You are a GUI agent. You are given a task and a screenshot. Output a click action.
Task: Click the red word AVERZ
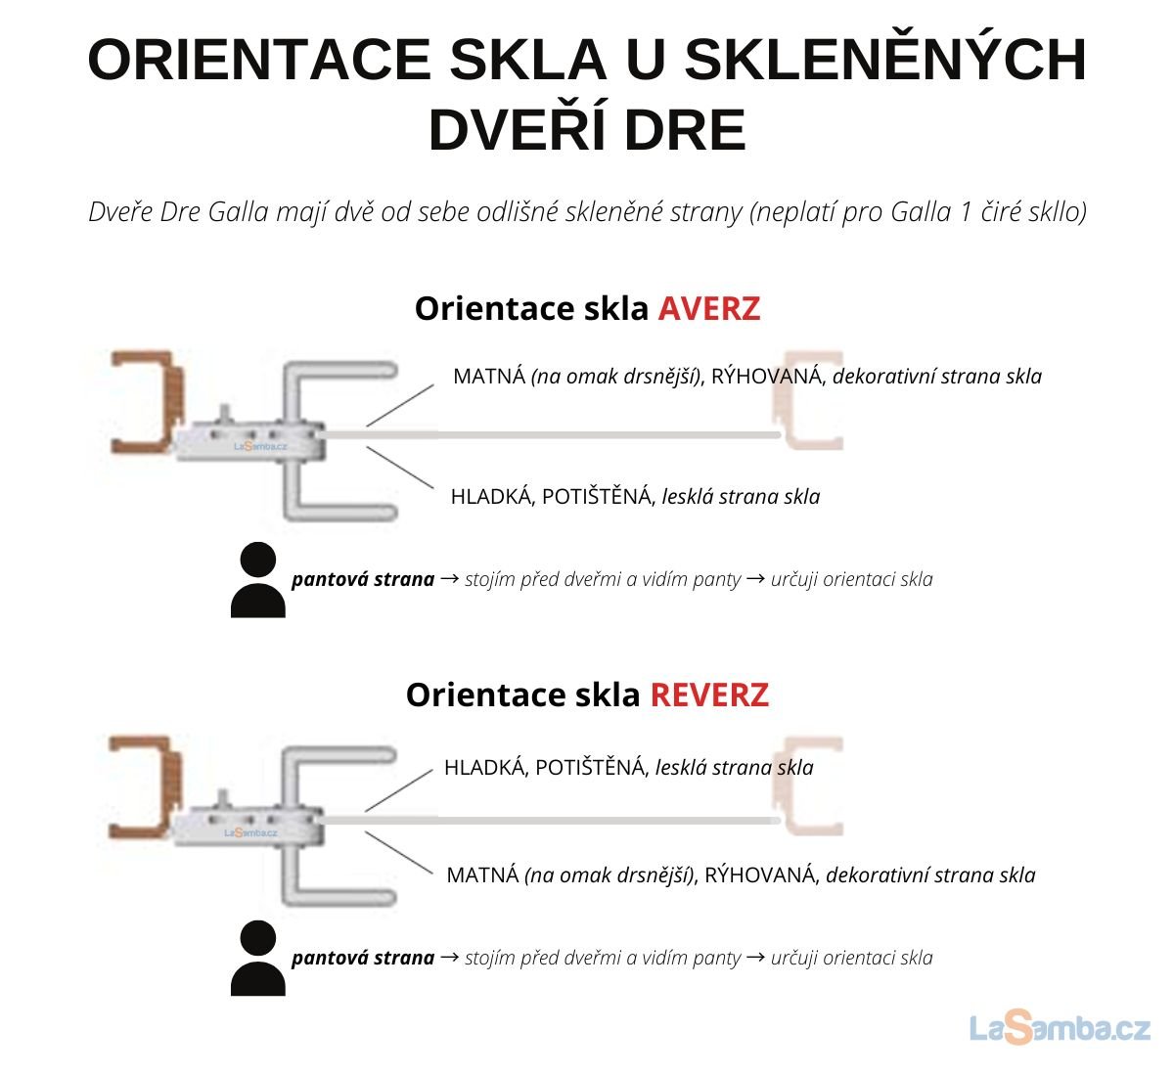[708, 308]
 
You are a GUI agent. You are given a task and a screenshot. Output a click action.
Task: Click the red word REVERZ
[709, 695]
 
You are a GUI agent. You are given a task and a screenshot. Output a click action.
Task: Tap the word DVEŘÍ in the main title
[517, 129]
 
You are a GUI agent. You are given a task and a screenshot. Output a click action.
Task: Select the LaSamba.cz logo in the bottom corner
[1060, 1028]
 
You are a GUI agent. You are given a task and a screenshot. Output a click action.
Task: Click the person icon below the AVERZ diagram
[258, 579]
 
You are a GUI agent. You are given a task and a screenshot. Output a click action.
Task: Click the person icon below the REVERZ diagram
[258, 958]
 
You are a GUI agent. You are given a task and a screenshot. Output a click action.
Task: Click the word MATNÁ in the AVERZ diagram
[489, 377]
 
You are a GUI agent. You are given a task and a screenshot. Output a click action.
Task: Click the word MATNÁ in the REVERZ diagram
[482, 875]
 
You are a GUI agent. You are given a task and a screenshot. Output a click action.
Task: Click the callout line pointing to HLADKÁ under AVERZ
[400, 468]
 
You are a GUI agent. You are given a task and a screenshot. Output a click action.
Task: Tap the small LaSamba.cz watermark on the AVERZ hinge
[260, 446]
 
